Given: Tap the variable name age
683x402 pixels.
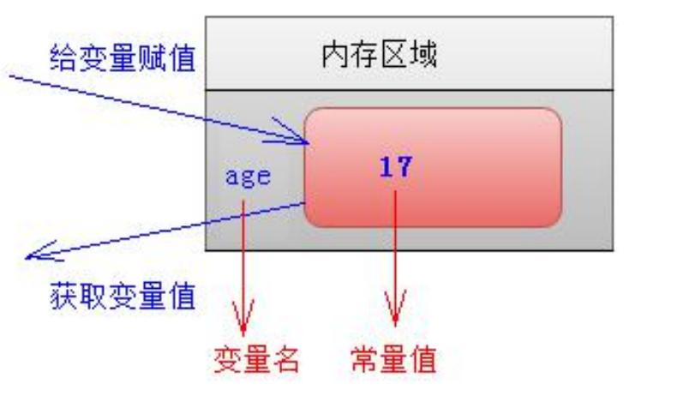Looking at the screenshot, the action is pyautogui.click(x=247, y=177).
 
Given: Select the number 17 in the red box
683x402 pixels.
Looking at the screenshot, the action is pyautogui.click(x=395, y=166).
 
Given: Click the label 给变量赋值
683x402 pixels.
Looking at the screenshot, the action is pyautogui.click(x=122, y=59).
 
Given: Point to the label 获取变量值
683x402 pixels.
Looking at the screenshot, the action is pyautogui.click(x=122, y=296).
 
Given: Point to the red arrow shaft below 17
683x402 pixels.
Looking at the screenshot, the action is pyautogui.click(x=395, y=249).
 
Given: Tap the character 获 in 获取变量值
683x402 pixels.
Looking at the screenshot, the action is pyautogui.click(x=63, y=296).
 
